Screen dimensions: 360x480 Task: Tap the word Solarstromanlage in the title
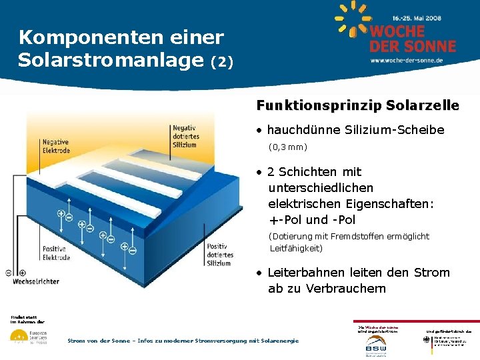[x=110, y=60]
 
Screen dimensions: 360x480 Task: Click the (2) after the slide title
[x=222, y=63]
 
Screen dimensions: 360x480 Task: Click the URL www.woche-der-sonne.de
[x=407, y=60]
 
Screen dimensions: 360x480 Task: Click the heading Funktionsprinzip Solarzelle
[x=357, y=105]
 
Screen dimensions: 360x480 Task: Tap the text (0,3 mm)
[x=288, y=147]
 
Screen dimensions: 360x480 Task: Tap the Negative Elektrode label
[x=56, y=146]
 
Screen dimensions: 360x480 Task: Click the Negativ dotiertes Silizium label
[x=185, y=136]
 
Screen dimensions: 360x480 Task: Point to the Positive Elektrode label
[x=56, y=253]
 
